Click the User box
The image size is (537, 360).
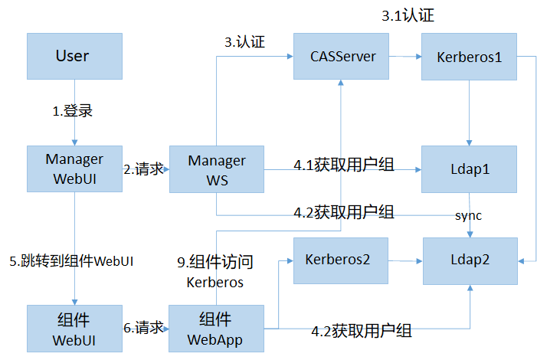pyautogui.click(x=74, y=56)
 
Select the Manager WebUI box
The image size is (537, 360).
pyautogui.click(x=74, y=169)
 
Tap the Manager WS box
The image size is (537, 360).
pyautogui.click(x=216, y=169)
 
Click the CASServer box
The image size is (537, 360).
pyautogui.click(x=342, y=56)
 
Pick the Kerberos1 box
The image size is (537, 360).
pyautogui.click(x=469, y=56)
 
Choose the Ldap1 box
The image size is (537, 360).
pyautogui.click(x=469, y=169)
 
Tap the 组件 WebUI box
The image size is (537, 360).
pyautogui.click(x=74, y=328)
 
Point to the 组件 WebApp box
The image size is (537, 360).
pyautogui.click(x=216, y=328)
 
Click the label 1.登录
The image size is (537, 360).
pyautogui.click(x=73, y=111)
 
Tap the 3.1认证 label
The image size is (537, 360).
pyautogui.click(x=408, y=15)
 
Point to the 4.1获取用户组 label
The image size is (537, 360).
pyautogui.click(x=343, y=164)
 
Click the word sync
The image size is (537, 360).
pyautogui.click(x=469, y=215)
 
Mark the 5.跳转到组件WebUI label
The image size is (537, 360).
pyautogui.click(x=72, y=261)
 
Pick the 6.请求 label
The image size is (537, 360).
pyautogui.click(x=144, y=328)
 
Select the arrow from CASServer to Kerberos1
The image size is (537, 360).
pyautogui.click(x=405, y=57)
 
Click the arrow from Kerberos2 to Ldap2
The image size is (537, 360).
pyautogui.click(x=405, y=261)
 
